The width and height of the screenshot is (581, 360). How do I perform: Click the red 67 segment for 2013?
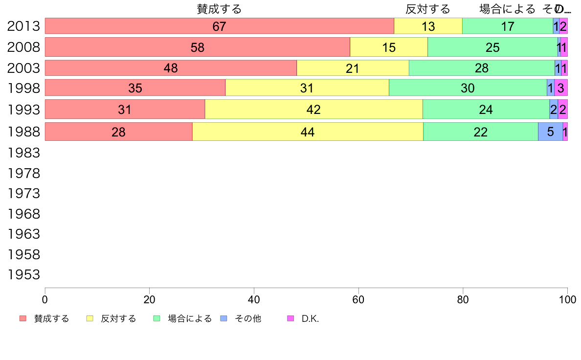pos(220,26)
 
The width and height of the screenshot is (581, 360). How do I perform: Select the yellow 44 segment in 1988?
pos(308,132)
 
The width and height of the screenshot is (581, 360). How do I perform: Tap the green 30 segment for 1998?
pos(468,88)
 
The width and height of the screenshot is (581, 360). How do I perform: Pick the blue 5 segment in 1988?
pos(550,132)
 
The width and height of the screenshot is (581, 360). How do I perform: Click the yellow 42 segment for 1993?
pos(313,109)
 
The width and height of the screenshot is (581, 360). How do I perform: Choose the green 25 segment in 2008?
pos(492,47)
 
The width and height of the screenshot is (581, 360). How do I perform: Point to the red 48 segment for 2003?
pos(171,68)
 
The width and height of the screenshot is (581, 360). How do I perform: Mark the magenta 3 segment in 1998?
pos(561,88)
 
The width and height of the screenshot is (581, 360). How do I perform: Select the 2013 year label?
pos(23,26)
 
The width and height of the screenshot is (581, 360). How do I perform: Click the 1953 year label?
pos(23,275)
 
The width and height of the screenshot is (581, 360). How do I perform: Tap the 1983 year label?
pos(23,153)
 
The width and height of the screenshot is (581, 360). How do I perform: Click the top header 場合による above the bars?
pos(507,9)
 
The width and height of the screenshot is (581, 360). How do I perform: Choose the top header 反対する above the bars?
pos(427,9)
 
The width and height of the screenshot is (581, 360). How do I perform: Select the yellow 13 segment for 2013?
pos(428,26)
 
